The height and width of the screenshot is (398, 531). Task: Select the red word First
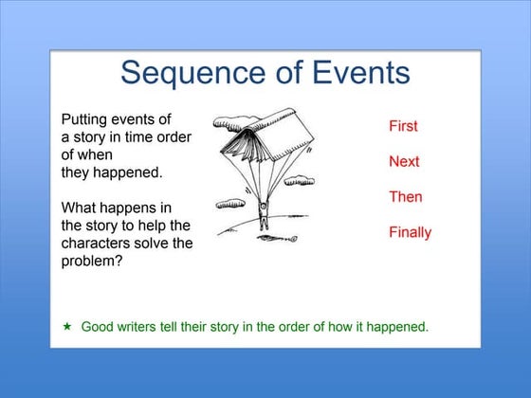coord(403,126)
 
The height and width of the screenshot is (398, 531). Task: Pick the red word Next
coord(404,161)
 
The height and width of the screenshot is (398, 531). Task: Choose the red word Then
coord(406,197)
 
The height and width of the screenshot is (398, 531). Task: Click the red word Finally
coord(410,232)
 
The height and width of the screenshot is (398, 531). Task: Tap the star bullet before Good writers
coord(67,326)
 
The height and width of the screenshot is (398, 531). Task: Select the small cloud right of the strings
coord(300,179)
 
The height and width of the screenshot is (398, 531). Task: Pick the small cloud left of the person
coord(230,203)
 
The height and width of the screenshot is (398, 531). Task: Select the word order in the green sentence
coord(287,327)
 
